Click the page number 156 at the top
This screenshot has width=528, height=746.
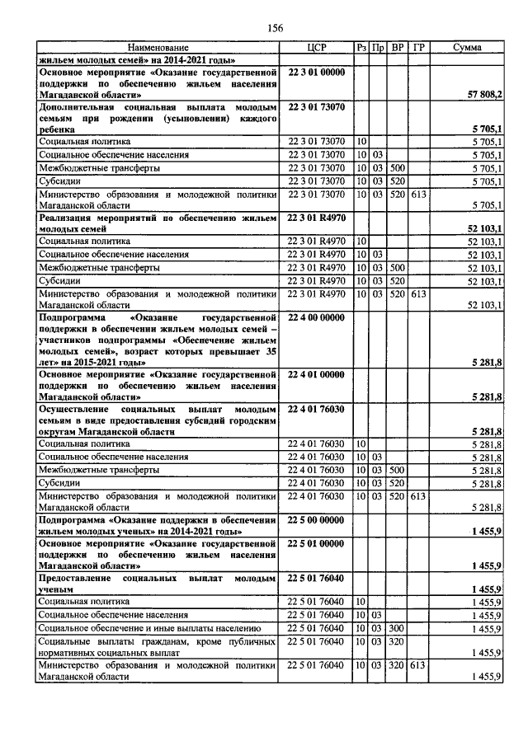275,28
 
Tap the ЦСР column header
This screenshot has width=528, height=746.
317,49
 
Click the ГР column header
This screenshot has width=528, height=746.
419,49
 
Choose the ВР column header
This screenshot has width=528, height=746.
398,49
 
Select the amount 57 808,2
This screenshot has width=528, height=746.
485,96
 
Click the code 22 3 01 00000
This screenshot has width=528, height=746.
317,73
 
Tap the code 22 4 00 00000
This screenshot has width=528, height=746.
317,317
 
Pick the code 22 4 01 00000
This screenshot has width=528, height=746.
317,374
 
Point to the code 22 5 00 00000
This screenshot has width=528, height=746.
317,522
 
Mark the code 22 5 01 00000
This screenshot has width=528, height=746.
317,545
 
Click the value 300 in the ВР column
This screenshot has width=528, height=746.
398,627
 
